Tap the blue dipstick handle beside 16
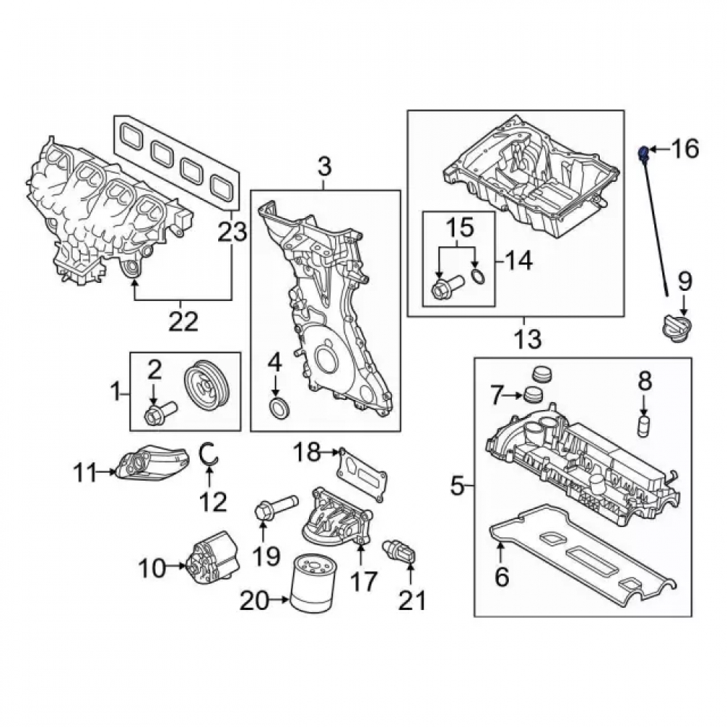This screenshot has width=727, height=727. pyautogui.click(x=643, y=151)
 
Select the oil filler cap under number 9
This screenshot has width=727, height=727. pyautogui.click(x=676, y=328)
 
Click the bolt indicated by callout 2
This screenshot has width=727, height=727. pyautogui.click(x=161, y=413)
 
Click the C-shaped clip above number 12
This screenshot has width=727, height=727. pyautogui.click(x=207, y=453)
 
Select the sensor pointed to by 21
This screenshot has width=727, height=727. pyautogui.click(x=399, y=553)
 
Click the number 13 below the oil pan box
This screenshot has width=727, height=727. pyautogui.click(x=527, y=339)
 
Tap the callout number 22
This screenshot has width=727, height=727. pyautogui.click(x=183, y=321)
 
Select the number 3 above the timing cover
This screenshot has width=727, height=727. pyautogui.click(x=324, y=166)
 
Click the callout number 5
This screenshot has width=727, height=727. pyautogui.click(x=457, y=486)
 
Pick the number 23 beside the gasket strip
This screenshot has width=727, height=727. pyautogui.click(x=233, y=231)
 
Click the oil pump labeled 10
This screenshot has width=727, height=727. pyautogui.click(x=213, y=558)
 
